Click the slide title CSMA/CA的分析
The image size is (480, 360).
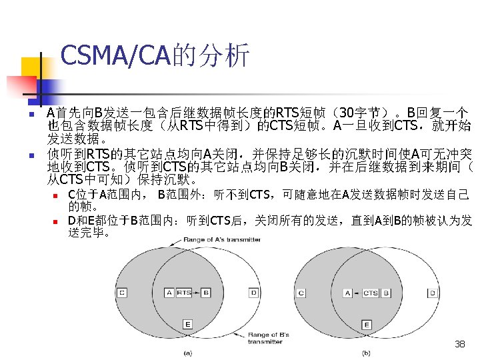155,56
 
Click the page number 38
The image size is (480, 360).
459,344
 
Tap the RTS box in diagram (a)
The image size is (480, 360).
185,293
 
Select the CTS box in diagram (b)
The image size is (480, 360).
370,293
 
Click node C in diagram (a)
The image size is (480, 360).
122,293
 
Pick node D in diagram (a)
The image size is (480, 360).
254,293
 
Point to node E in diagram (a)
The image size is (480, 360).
187,325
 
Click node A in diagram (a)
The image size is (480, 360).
168,293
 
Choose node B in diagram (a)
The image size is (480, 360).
205,293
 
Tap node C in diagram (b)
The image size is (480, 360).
301,293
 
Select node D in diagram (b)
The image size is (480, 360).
433,293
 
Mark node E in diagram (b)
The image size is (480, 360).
367,325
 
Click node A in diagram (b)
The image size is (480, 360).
347,293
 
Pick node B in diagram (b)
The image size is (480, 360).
384,293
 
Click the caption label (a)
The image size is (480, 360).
188,353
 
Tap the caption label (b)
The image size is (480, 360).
366,353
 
